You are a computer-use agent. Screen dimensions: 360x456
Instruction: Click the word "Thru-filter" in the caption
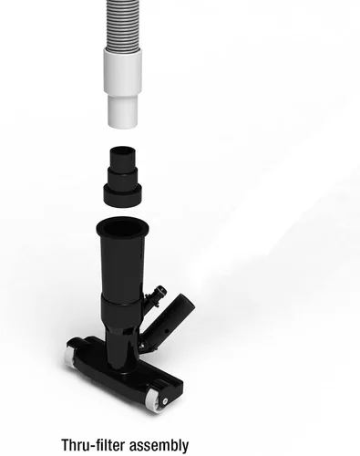click(x=93, y=445)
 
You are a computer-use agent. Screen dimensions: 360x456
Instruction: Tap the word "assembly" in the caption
click(x=159, y=445)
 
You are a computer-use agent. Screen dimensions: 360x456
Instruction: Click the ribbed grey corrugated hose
click(x=124, y=25)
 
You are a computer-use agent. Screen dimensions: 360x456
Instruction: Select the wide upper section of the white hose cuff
click(x=122, y=70)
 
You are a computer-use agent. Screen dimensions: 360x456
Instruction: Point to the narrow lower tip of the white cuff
click(x=122, y=111)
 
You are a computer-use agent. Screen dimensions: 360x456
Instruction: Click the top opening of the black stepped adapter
click(x=122, y=150)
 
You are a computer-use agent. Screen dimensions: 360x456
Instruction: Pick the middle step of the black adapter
click(x=122, y=177)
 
